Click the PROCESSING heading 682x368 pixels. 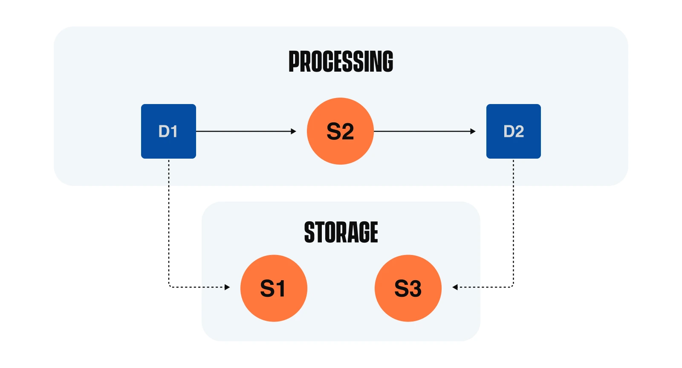pos(341,61)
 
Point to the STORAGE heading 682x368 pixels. pos(341,232)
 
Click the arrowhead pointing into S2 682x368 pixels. pos(293,131)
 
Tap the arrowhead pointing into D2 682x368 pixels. pos(473,131)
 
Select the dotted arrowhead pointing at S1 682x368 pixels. pos(227,287)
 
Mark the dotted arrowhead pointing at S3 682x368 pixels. pos(455,287)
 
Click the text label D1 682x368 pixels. pos(168,131)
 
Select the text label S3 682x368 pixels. pos(408,289)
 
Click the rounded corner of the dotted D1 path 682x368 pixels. pos(170,286)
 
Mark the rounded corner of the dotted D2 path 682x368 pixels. pos(512,286)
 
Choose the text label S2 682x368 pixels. pos(340,131)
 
